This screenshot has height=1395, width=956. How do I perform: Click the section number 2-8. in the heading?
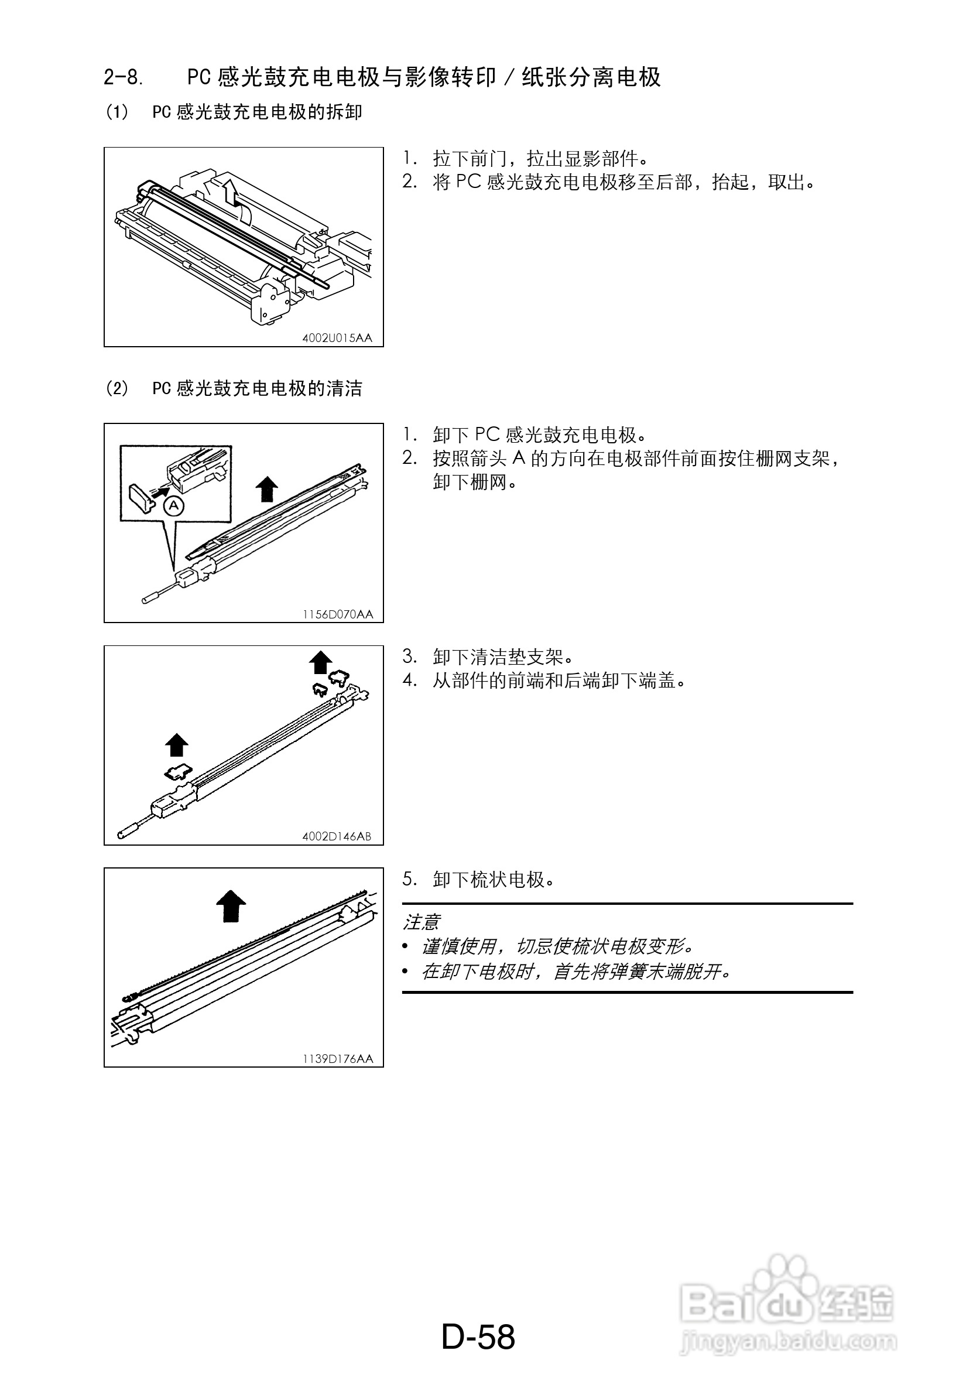tap(123, 77)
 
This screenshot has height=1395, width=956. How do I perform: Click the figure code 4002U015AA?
tap(337, 338)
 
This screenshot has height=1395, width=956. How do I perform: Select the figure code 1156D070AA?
tap(337, 614)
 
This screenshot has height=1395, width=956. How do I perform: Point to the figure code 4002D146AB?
tap(337, 836)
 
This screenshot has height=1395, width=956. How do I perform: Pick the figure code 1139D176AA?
tap(337, 1059)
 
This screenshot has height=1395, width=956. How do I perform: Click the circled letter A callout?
tap(174, 506)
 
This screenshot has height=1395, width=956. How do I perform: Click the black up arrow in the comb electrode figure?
tap(231, 905)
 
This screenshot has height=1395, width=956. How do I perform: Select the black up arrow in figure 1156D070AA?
tap(266, 488)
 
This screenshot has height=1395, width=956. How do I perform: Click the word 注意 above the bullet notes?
tap(422, 921)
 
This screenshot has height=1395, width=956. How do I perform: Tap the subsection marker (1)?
tap(117, 112)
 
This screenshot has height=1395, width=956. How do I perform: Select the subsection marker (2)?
tap(117, 388)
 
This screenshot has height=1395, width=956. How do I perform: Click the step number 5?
tap(409, 880)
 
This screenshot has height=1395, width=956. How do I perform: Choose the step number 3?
tap(409, 657)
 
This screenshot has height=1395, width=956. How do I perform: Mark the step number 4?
tap(409, 680)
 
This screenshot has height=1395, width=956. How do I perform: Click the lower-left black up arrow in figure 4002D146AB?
tap(176, 745)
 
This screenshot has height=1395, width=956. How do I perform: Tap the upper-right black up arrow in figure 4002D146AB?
tap(320, 662)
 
